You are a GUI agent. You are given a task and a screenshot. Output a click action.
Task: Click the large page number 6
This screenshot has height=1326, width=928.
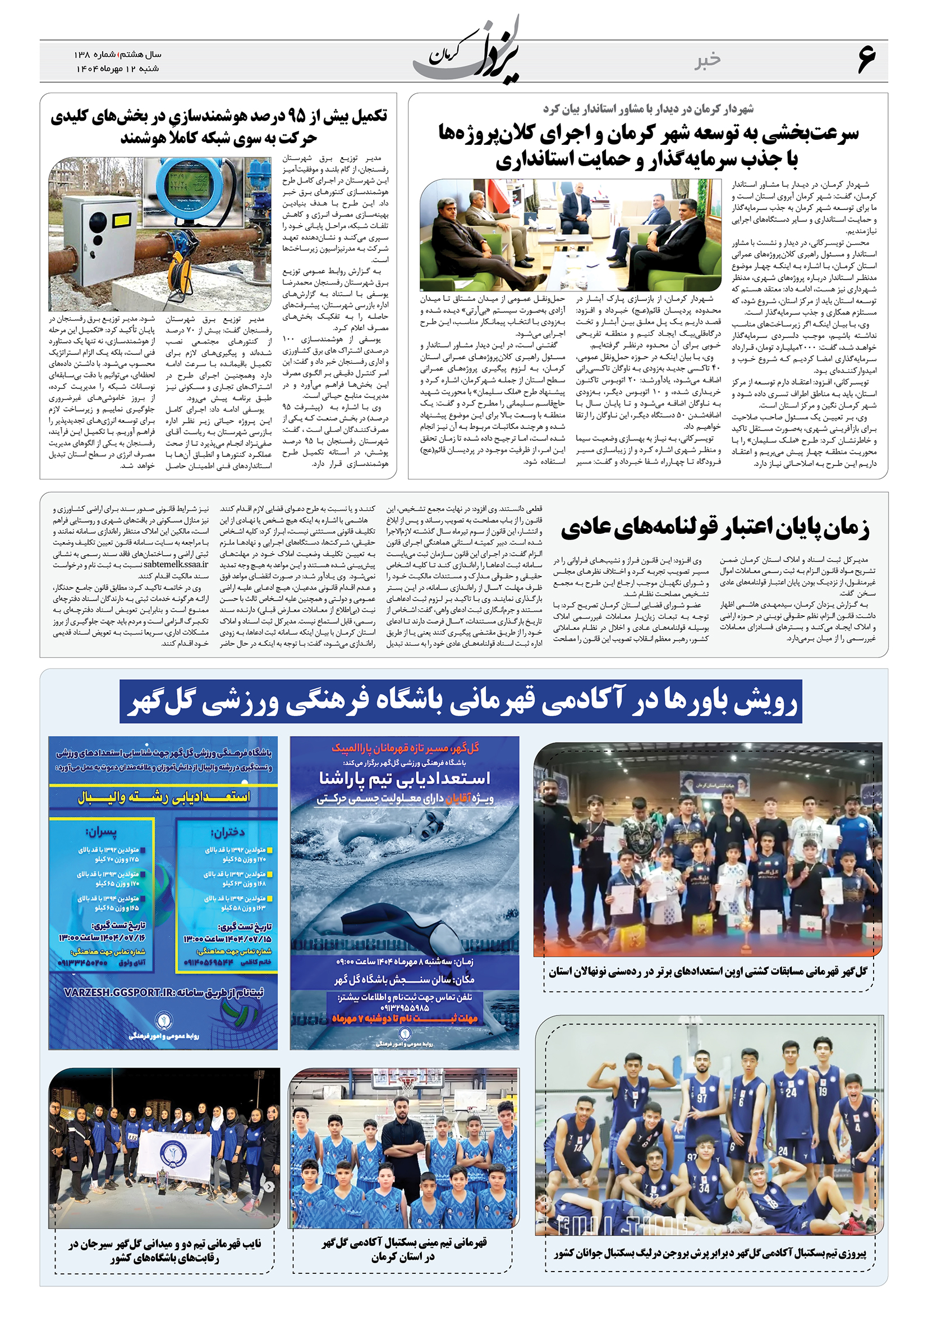click(x=866, y=60)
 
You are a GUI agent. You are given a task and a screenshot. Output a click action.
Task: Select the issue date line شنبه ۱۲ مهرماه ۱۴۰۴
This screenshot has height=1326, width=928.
click(x=118, y=68)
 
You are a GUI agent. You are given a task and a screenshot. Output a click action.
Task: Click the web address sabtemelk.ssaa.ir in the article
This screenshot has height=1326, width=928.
click(x=176, y=564)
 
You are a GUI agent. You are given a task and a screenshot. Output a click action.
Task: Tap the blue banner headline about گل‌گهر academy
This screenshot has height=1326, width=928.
click(x=461, y=702)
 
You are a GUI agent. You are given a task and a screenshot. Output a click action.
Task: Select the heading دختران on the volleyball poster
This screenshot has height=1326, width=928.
click(x=228, y=832)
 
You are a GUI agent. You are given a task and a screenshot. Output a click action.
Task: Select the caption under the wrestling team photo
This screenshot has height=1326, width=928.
click(x=708, y=971)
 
